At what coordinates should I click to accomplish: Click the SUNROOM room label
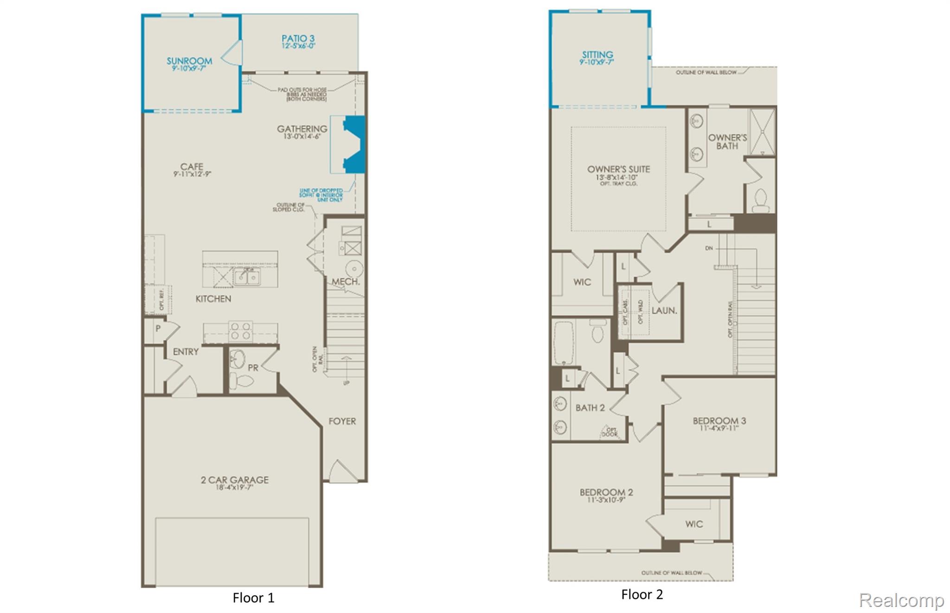(x=189, y=61)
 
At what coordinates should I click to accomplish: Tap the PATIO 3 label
(x=298, y=39)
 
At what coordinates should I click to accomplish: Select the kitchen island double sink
(x=247, y=277)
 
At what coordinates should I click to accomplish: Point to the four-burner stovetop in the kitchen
(x=240, y=331)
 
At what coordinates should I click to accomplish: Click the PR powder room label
(x=253, y=368)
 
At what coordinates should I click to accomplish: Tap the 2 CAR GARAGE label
(x=234, y=480)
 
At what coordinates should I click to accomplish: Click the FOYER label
(x=342, y=421)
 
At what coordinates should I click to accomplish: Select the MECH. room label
(x=346, y=282)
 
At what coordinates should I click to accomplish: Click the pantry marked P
(x=158, y=329)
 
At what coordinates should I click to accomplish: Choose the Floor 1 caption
(x=253, y=598)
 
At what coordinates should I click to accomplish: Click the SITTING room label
(x=597, y=55)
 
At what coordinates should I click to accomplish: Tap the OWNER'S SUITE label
(x=618, y=169)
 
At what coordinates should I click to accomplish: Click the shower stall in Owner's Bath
(x=762, y=132)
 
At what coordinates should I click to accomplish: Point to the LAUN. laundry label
(x=664, y=311)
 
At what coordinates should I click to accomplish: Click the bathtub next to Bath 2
(x=564, y=342)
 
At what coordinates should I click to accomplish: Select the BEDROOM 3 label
(x=719, y=421)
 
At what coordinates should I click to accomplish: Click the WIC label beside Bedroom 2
(x=694, y=524)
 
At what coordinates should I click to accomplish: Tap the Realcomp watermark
(x=901, y=600)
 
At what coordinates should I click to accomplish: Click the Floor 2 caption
(x=642, y=594)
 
